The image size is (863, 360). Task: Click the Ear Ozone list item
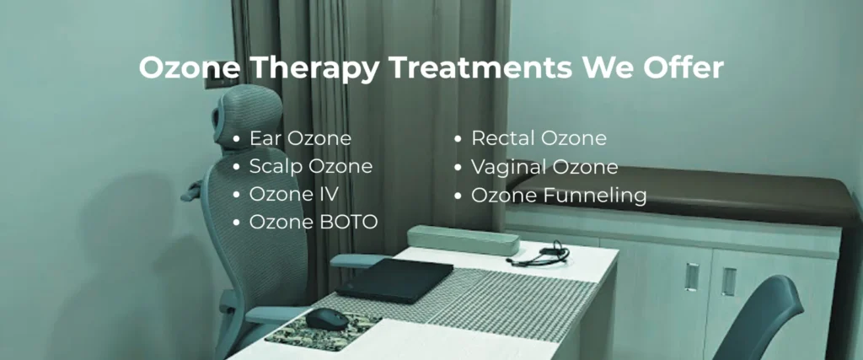300,138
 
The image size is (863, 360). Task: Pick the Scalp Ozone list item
310,166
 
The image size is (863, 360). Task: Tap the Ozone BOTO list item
314,222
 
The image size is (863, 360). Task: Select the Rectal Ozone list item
539,138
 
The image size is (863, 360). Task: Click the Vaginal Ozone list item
544,167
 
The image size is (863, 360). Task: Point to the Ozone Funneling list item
559,196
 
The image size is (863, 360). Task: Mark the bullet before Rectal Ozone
458,138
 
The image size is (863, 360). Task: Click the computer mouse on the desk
324,319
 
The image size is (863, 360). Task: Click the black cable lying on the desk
539,255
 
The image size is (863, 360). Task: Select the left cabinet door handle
692,276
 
